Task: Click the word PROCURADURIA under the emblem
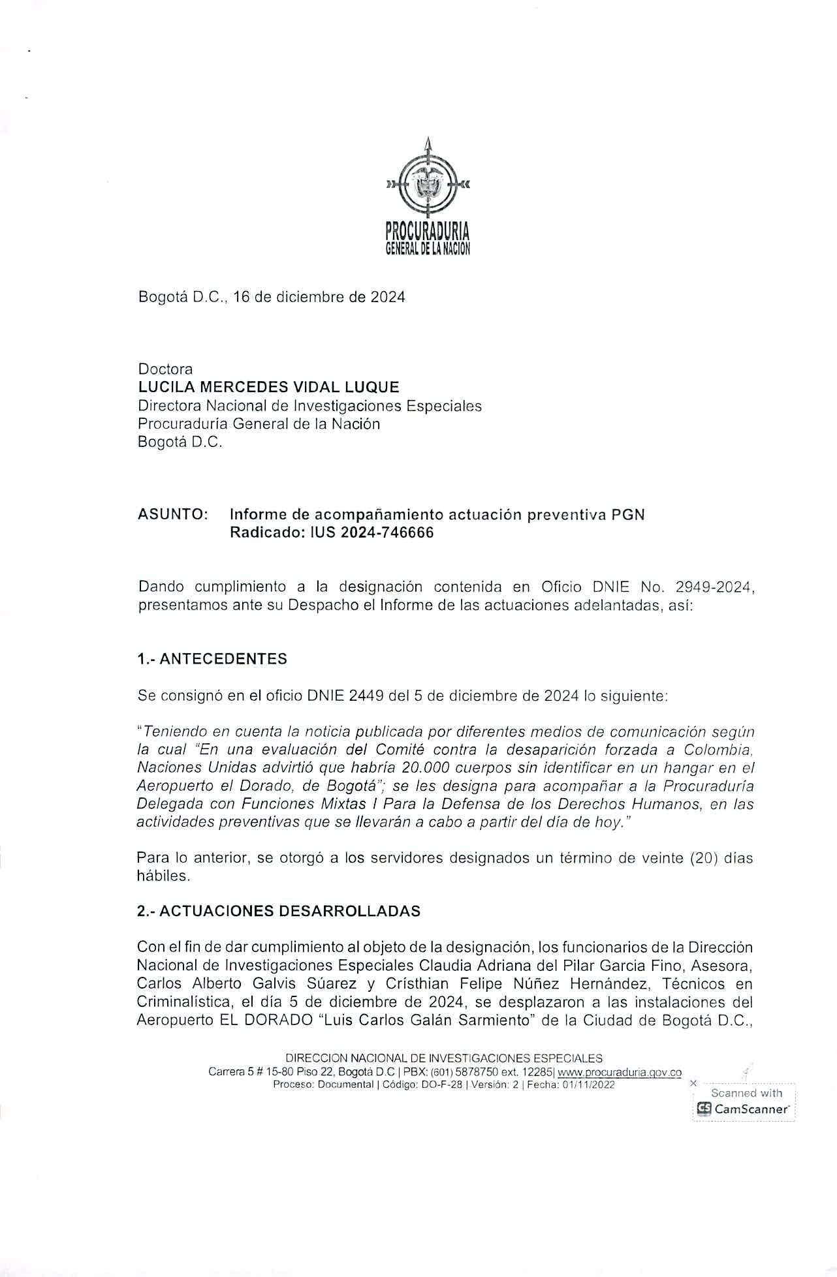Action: click(428, 232)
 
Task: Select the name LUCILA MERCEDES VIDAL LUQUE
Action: click(268, 387)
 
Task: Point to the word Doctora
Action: click(165, 369)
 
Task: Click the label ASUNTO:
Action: click(173, 514)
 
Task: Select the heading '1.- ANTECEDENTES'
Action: click(212, 659)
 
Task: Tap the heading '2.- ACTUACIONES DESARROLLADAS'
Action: click(279, 911)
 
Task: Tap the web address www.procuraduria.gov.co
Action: click(620, 1072)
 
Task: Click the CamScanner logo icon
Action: click(704, 1109)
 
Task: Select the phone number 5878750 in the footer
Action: click(480, 1072)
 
